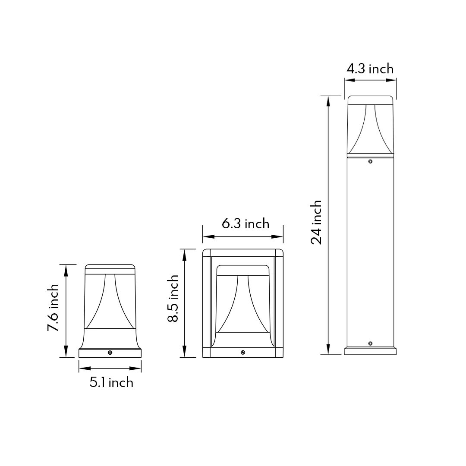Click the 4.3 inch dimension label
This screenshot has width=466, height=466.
click(370, 69)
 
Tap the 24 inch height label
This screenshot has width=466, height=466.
click(316, 222)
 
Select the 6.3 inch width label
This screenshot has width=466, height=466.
click(246, 224)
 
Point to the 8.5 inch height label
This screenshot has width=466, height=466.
click(173, 299)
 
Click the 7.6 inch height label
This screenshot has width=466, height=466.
click(53, 308)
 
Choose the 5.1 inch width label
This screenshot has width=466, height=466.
click(111, 382)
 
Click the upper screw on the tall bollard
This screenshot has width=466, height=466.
click(370, 161)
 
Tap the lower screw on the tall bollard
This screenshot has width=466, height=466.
click(370, 343)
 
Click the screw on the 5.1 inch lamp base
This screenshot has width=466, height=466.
click(110, 353)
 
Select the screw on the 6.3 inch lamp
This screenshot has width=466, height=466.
click(243, 353)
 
